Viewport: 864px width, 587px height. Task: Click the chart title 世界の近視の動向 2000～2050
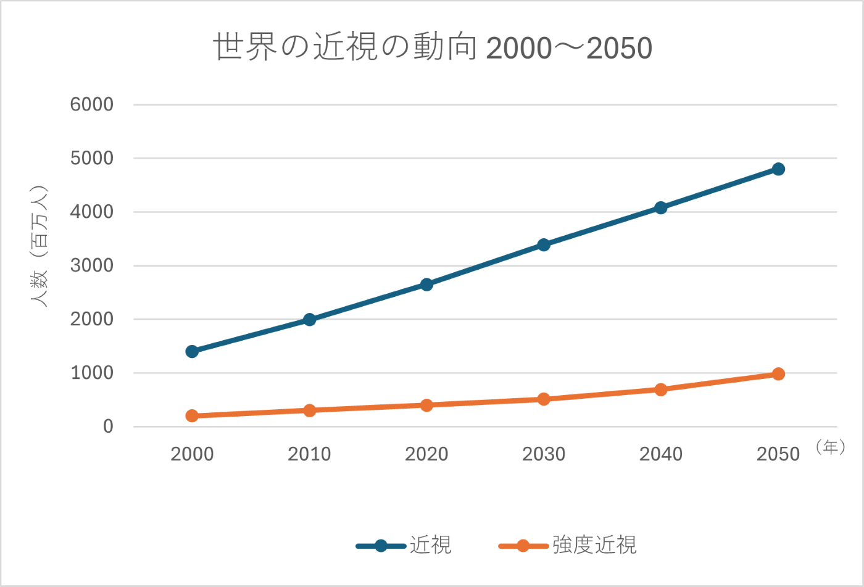click(x=432, y=48)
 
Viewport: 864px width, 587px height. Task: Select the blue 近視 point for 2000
click(x=192, y=351)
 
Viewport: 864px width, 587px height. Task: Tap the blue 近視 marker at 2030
click(x=544, y=245)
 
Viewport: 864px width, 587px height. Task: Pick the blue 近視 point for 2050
click(x=778, y=169)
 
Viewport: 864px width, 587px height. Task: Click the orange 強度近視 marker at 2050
click(x=778, y=374)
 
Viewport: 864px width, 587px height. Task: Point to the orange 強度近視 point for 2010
click(x=309, y=410)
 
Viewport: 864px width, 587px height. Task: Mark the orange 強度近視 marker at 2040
click(x=661, y=389)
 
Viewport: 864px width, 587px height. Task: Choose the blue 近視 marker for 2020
click(x=426, y=285)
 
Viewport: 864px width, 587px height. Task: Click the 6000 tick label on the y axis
click(x=92, y=104)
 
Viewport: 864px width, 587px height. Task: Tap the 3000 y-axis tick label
click(x=92, y=265)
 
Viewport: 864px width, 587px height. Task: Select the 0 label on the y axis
click(x=108, y=427)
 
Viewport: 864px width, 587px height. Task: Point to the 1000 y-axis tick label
click(x=92, y=373)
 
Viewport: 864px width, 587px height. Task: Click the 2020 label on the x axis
click(x=426, y=454)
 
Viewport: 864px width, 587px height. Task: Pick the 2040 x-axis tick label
click(x=661, y=454)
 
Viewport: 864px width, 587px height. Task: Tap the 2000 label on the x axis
click(x=192, y=454)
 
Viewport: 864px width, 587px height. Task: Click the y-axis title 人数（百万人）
click(x=39, y=246)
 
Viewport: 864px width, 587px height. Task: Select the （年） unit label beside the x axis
click(x=830, y=447)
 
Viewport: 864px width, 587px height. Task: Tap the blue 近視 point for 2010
click(x=309, y=320)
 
